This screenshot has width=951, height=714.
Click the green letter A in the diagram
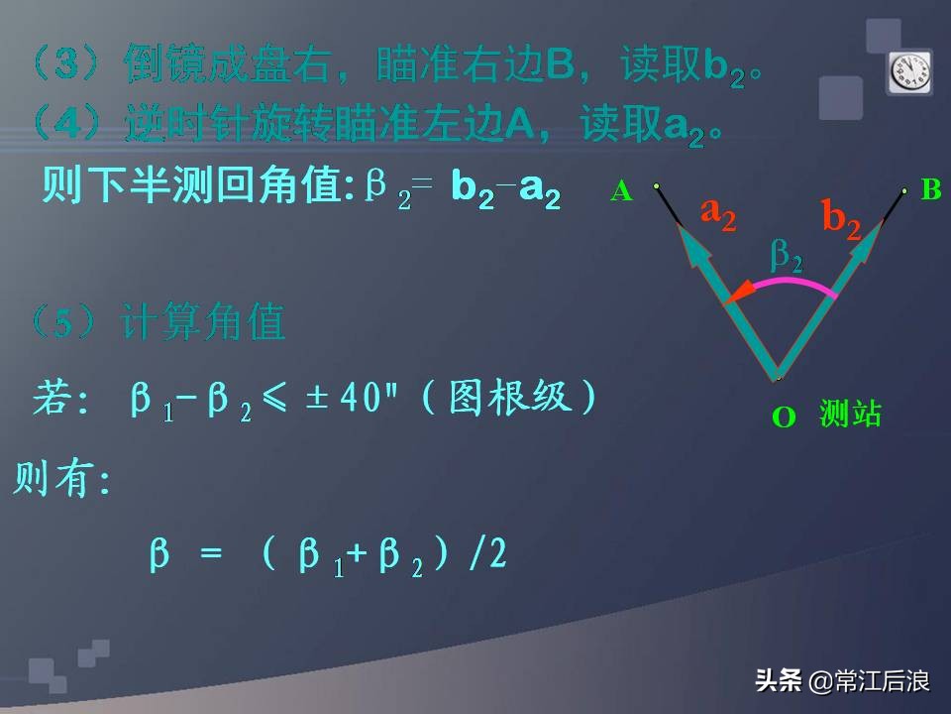pyautogui.click(x=621, y=192)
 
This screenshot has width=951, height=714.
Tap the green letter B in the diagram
pyautogui.click(x=931, y=189)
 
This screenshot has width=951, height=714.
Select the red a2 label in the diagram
pyautogui.click(x=718, y=212)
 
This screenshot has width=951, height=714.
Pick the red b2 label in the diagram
pyautogui.click(x=841, y=218)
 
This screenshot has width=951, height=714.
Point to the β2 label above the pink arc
pyautogui.click(x=787, y=257)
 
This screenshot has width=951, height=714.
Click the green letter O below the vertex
pyautogui.click(x=784, y=417)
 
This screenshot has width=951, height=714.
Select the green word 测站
pyautogui.click(x=850, y=414)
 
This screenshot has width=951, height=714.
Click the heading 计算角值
pyautogui.click(x=202, y=323)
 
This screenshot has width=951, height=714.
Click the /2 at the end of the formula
pyautogui.click(x=487, y=554)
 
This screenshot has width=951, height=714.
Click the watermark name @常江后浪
pyautogui.click(x=869, y=681)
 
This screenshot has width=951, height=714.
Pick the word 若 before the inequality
pyautogui.click(x=52, y=400)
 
